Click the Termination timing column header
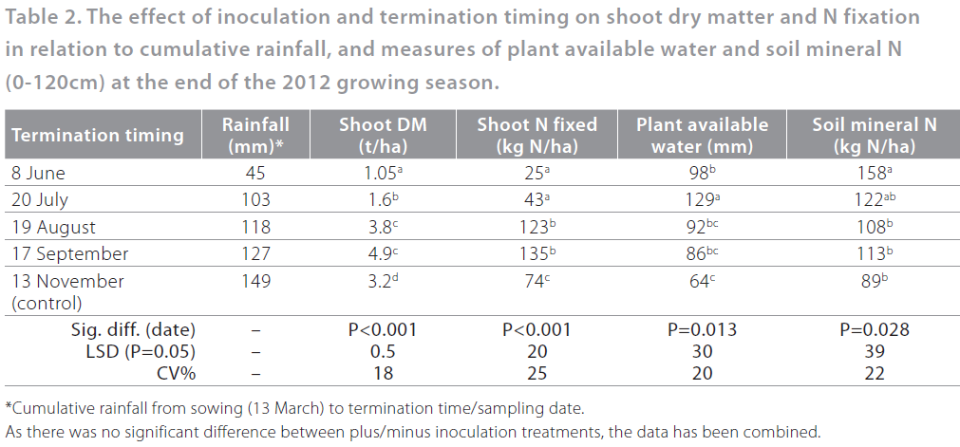pos(98,135)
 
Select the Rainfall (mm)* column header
pos(255,135)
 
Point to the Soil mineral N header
pos(874,135)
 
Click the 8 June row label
pos(38,174)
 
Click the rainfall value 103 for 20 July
pos(255,200)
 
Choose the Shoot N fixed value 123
pos(535,228)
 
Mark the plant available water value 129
pos(701,200)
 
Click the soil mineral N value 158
pos(871,174)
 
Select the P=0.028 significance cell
pos(874,330)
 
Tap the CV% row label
pos(173,373)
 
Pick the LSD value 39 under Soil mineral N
pos(874,352)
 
